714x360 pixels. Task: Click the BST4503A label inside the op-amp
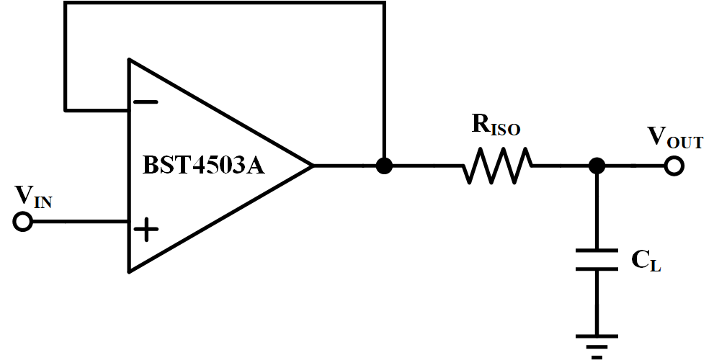[204, 165]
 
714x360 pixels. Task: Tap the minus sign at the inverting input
[146, 102]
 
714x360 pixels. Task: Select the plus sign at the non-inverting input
[146, 229]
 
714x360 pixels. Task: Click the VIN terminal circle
[22, 222]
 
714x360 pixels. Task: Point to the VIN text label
[34, 197]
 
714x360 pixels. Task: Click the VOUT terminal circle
[674, 166]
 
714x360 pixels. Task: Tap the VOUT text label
[675, 136]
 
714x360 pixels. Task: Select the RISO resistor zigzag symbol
[497, 166]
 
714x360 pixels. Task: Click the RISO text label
[496, 125]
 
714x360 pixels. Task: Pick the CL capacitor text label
[646, 261]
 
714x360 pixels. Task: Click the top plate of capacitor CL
[597, 251]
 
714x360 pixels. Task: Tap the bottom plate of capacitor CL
[597, 269]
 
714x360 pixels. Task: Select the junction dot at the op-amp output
[384, 166]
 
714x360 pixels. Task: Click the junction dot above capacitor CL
[597, 166]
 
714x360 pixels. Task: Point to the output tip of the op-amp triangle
[313, 166]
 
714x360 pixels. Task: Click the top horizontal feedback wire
[225, 3]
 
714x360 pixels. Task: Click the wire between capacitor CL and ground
[597, 302]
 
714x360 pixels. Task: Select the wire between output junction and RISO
[427, 166]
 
